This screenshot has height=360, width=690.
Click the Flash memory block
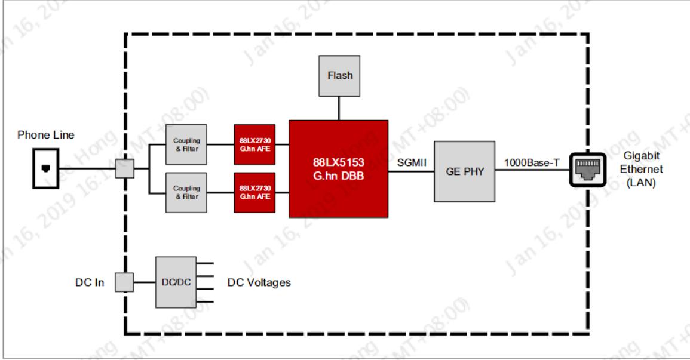[x=339, y=76]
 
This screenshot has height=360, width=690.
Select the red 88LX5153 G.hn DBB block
[x=338, y=169]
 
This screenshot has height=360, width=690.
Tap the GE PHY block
[x=464, y=170]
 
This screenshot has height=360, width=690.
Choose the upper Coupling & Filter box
[x=187, y=144]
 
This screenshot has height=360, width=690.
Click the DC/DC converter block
[x=175, y=282]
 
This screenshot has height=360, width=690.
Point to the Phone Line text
[x=46, y=135]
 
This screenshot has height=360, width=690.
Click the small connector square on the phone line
[x=125, y=170]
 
